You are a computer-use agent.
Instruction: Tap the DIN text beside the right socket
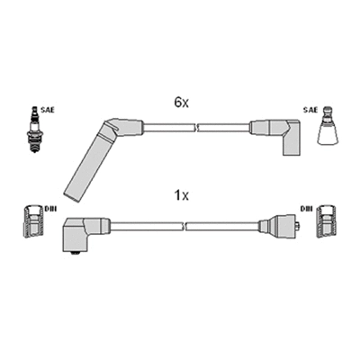[x=307, y=209]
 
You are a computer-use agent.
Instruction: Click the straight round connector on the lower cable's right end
[x=279, y=228]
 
